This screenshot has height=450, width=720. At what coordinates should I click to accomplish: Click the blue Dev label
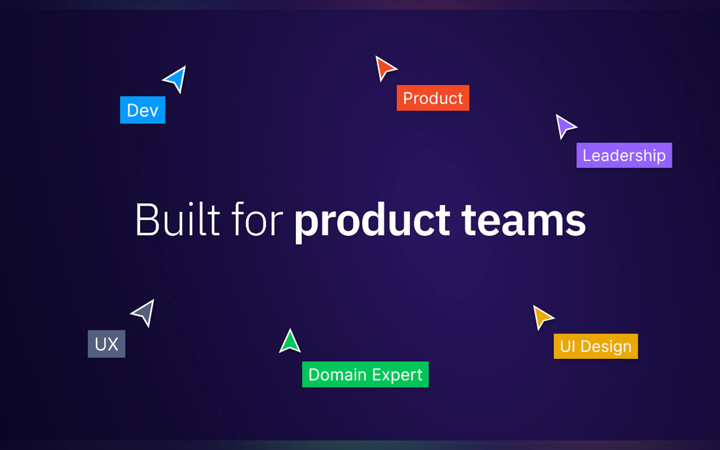tap(143, 110)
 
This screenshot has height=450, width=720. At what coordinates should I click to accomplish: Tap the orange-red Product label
tap(433, 98)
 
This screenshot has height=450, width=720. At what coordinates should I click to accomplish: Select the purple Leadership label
tap(624, 155)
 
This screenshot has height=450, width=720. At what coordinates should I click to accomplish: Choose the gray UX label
tap(107, 344)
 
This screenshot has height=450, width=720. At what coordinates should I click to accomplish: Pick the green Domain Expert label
tap(365, 374)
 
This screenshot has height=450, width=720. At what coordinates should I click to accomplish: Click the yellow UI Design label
tap(596, 346)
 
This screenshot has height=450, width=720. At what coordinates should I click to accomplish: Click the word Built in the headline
tap(178, 219)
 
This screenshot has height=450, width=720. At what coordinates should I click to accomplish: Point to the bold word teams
tap(524, 220)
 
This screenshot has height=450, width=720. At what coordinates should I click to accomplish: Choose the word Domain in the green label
tap(337, 374)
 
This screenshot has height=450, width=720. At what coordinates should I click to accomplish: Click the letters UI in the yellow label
tap(567, 346)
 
